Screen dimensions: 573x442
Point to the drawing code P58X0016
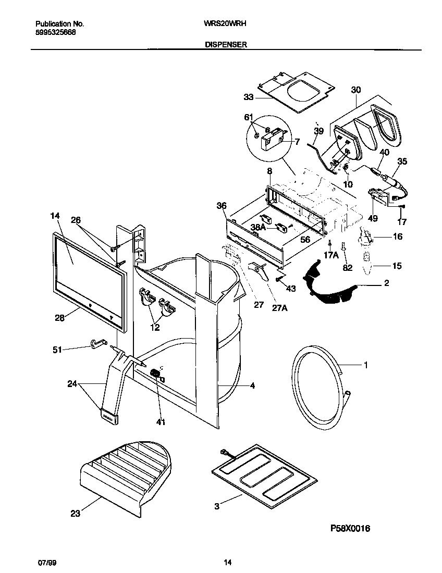tap(350, 528)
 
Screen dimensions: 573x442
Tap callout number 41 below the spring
tap(161, 422)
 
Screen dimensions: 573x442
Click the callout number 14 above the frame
tap(56, 216)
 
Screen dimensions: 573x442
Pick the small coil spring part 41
tap(155, 373)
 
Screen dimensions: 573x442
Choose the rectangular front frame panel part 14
tap(89, 281)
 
